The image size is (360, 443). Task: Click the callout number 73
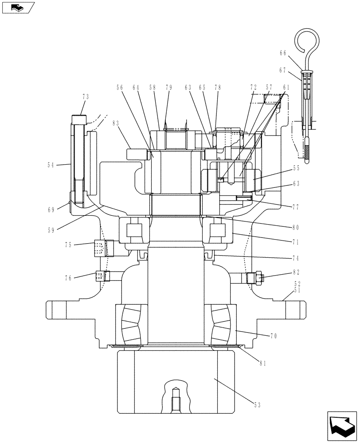85,96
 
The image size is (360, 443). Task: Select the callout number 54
51,165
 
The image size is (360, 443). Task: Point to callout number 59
51,230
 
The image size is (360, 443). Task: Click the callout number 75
68,244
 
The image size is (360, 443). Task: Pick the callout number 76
68,278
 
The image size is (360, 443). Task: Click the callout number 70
274,336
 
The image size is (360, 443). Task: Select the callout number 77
296,206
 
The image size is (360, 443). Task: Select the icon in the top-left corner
17,8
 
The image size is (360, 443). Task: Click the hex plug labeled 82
255,278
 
